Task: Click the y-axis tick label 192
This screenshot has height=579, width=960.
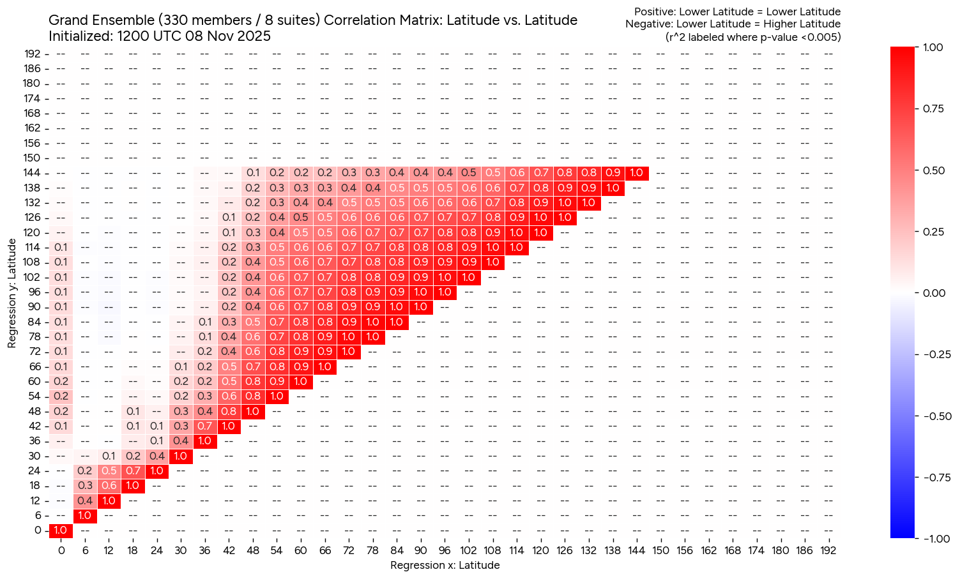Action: coord(33,54)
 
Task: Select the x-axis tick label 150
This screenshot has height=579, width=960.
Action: coord(660,550)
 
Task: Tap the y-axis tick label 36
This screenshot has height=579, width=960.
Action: coord(34,441)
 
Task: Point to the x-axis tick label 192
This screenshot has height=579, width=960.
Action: coord(828,550)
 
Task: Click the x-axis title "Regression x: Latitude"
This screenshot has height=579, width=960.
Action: coord(445,565)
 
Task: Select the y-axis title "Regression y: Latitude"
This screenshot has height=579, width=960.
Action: coord(12,293)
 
